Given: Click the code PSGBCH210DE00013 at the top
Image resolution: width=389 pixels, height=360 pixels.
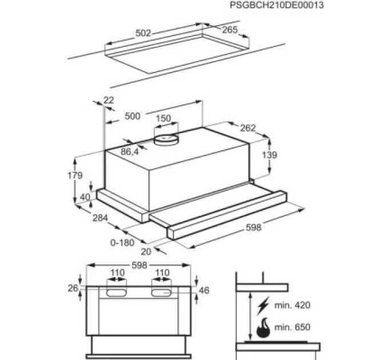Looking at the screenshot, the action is [277, 5].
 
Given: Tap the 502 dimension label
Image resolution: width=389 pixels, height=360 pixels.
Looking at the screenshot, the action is [143, 33].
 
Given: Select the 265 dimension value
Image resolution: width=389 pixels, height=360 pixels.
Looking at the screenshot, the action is [230, 30].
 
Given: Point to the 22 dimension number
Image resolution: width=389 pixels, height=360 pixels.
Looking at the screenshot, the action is [109, 100].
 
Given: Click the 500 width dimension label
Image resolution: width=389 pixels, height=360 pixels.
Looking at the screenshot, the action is [133, 116].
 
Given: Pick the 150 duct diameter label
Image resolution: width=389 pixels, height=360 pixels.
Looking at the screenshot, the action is [163, 118].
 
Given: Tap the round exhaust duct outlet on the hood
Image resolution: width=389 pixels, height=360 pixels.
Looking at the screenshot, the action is [166, 139].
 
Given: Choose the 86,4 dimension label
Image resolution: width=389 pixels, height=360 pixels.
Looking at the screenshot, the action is [129, 151].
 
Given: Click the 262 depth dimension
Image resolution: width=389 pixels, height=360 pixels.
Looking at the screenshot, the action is [248, 128].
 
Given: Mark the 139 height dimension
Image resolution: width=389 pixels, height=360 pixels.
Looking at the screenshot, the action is [269, 155].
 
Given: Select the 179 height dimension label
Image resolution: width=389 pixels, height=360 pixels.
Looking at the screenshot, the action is [75, 175].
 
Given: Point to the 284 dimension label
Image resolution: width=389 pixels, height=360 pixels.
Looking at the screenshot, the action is [100, 218].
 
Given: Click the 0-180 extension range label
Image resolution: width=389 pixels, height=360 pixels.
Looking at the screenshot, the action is [122, 242].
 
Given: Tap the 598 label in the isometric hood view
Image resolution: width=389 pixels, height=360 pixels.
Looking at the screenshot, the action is [253, 227].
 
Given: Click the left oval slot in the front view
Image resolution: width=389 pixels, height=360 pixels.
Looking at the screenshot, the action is [116, 293].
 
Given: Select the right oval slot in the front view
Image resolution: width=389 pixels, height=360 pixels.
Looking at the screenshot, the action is [161, 293].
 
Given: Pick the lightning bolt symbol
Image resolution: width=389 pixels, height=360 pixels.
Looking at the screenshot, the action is [263, 305].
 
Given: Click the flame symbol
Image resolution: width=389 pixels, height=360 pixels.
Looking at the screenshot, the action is [263, 328].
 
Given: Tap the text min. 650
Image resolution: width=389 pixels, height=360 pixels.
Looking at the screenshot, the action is [292, 327].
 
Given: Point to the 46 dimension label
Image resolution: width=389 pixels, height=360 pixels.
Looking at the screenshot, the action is [204, 290].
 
